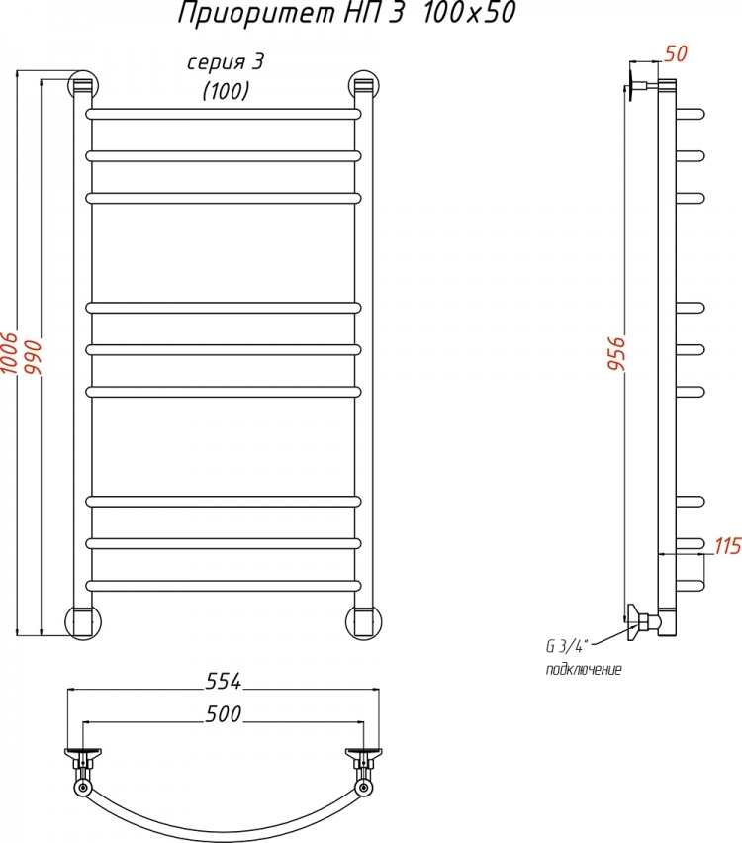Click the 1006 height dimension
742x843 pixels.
pyautogui.click(x=10, y=353)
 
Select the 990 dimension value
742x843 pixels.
pyautogui.click(x=33, y=358)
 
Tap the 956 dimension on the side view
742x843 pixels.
pyautogui.click(x=616, y=353)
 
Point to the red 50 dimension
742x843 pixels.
pyautogui.click(x=676, y=53)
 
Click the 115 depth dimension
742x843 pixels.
pyautogui.click(x=727, y=546)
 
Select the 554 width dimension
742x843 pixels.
pyautogui.click(x=224, y=681)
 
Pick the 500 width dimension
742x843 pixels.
pyautogui.click(x=224, y=714)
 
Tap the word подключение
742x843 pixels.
pyautogui.click(x=584, y=669)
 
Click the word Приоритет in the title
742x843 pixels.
pyautogui.click(x=257, y=15)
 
